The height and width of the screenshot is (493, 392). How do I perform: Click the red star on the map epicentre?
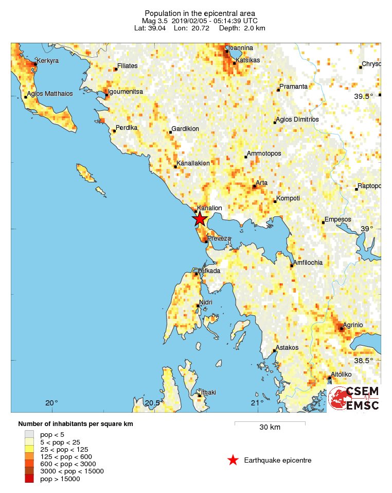point(200,219)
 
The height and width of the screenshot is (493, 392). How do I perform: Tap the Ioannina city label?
point(241,48)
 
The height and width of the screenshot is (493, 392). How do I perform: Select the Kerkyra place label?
point(48,61)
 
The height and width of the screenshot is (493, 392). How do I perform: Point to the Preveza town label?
point(219,238)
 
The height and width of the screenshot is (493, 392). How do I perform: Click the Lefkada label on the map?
point(209,270)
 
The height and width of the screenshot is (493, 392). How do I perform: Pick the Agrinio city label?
point(353,325)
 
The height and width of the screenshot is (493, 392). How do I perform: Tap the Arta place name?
point(261,183)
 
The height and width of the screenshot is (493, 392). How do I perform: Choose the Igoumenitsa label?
point(126,91)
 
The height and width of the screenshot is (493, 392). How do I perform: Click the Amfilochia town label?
point(308,262)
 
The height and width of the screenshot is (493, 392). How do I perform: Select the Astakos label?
point(287,347)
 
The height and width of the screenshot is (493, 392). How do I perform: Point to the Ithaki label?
point(208,392)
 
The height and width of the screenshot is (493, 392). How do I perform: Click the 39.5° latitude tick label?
point(363,96)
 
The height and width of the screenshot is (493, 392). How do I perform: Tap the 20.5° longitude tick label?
point(152,403)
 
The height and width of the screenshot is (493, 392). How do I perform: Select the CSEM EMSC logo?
point(353,399)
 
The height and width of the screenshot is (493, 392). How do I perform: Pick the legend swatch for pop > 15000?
point(29,479)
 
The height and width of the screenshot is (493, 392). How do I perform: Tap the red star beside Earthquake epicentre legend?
point(233,460)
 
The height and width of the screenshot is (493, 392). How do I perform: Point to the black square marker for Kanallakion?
point(175,166)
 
